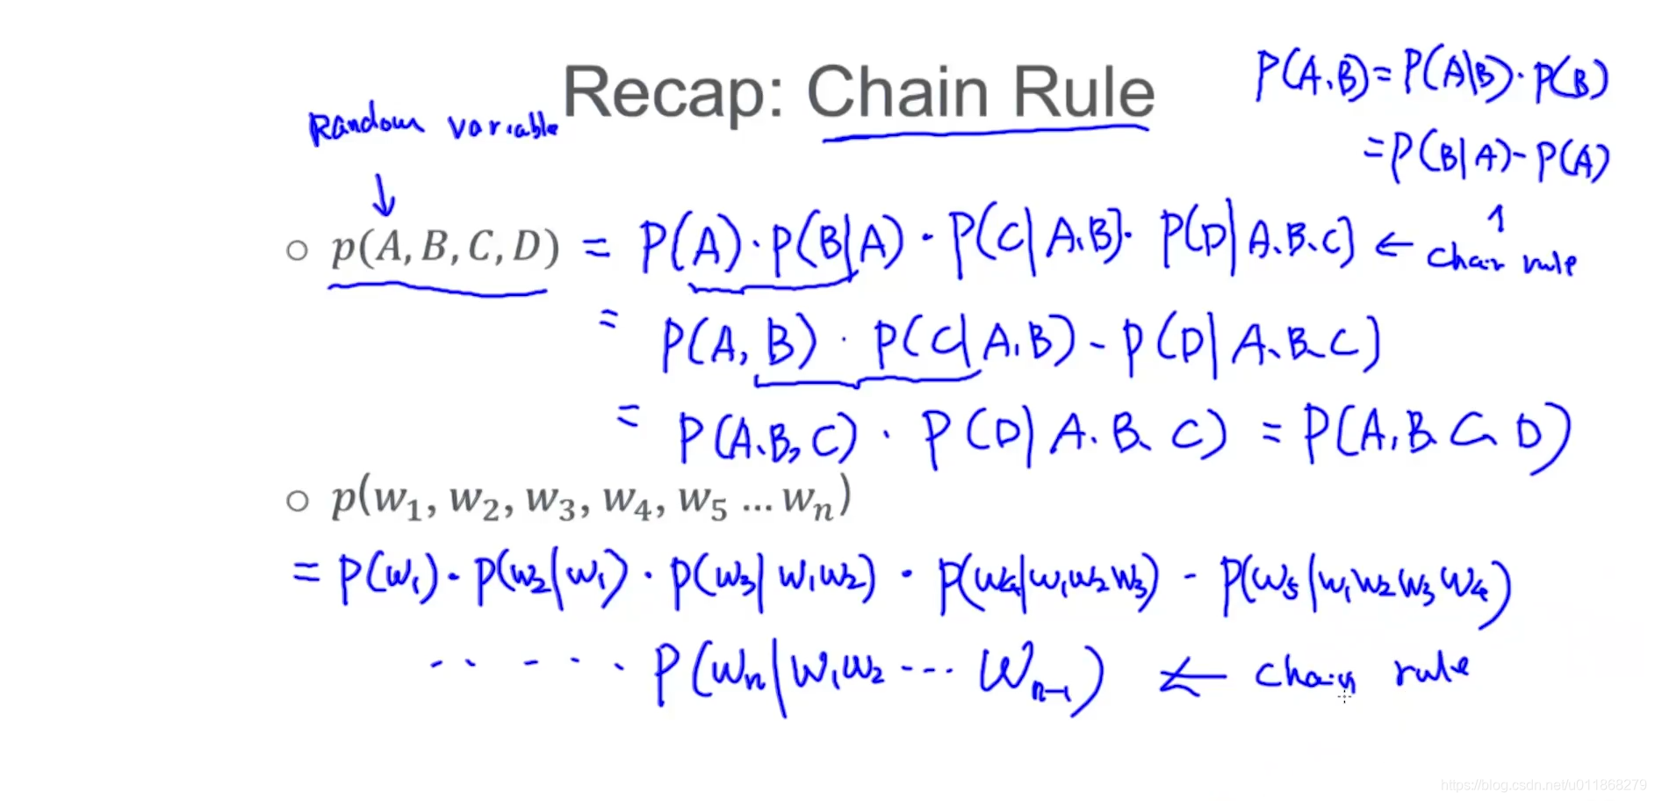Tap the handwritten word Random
(x=365, y=124)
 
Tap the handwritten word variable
(x=503, y=126)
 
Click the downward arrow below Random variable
(x=384, y=195)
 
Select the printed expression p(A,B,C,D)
(x=444, y=248)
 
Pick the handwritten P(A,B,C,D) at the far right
(x=1436, y=435)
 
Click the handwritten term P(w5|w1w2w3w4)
(x=1365, y=587)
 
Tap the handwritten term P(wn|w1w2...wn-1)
(x=878, y=675)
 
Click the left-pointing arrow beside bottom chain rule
(x=1192, y=677)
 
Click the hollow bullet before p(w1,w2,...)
(x=298, y=502)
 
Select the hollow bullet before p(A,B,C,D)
(x=298, y=251)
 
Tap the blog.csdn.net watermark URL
(x=1543, y=785)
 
